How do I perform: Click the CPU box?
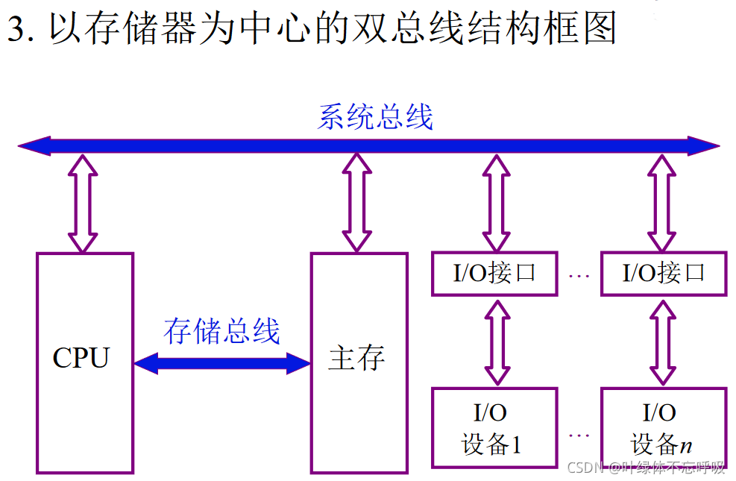coord(84,362)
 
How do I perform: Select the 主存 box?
coord(359,362)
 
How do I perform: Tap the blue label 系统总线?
coord(375,118)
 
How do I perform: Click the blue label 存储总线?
coord(221,331)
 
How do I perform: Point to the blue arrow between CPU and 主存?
coord(221,363)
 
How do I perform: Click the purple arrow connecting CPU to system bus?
coord(83,203)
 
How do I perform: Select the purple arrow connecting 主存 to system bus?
coord(356,203)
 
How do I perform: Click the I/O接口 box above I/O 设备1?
coord(494,274)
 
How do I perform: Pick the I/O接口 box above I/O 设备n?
coord(663,274)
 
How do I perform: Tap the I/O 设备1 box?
coord(494,427)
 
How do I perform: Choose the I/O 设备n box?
coord(663,427)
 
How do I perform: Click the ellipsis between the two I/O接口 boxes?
coord(579,277)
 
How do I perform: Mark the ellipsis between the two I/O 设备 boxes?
coord(579,434)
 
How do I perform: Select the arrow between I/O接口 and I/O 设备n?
coord(663,340)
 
